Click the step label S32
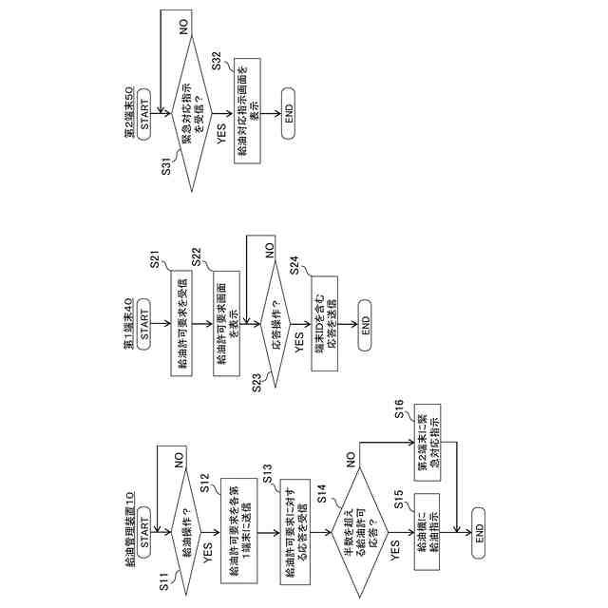click(218, 61)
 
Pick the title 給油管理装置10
click(130, 538)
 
